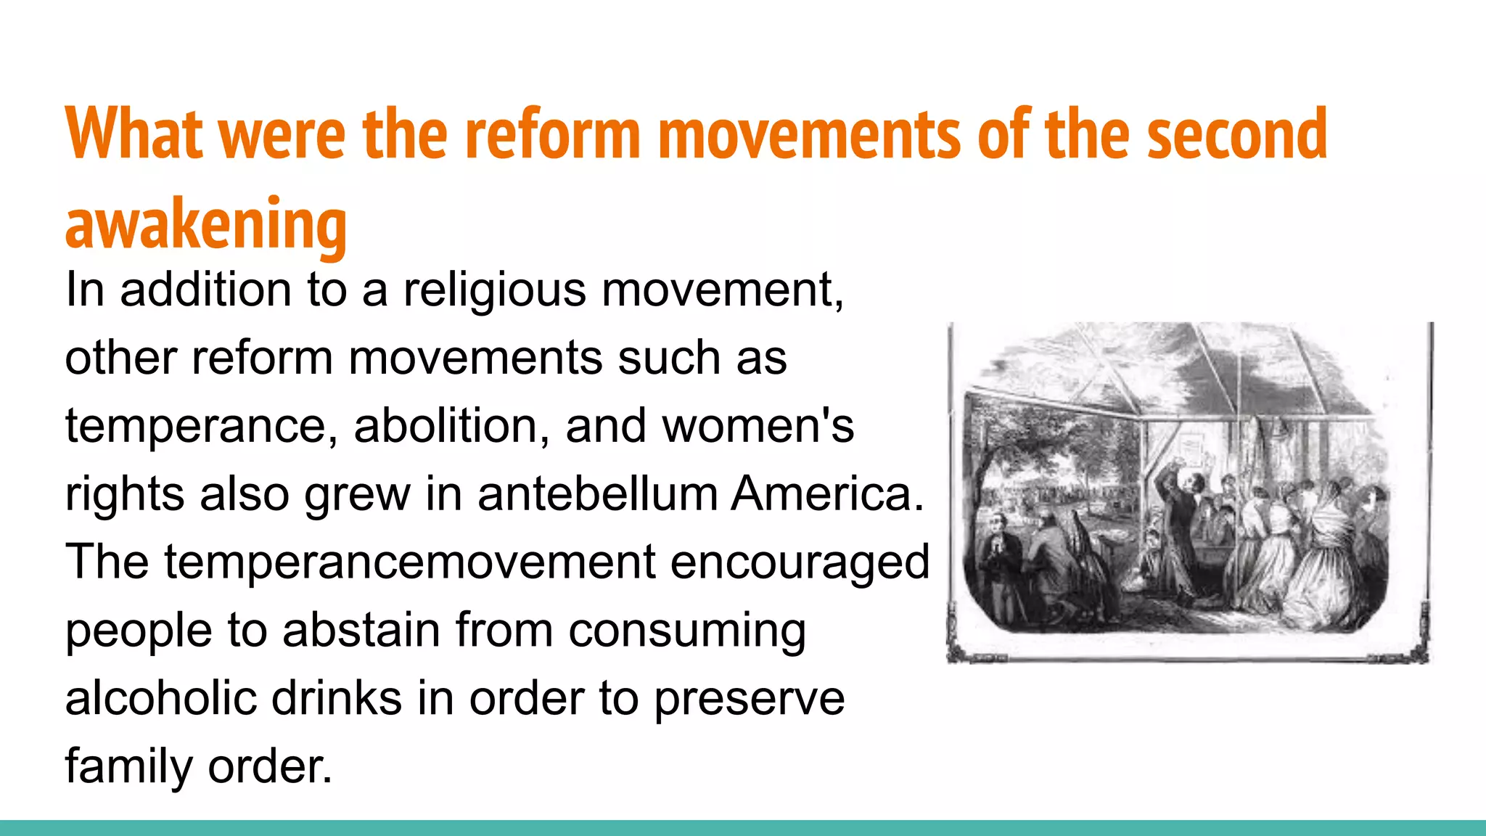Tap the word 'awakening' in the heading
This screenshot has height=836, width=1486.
[x=206, y=224]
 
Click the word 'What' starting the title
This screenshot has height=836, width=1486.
[x=134, y=134]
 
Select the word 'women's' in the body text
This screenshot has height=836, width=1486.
[x=758, y=426]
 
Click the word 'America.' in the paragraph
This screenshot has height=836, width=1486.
[x=827, y=494]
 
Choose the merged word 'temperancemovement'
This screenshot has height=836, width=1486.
[x=410, y=562]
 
